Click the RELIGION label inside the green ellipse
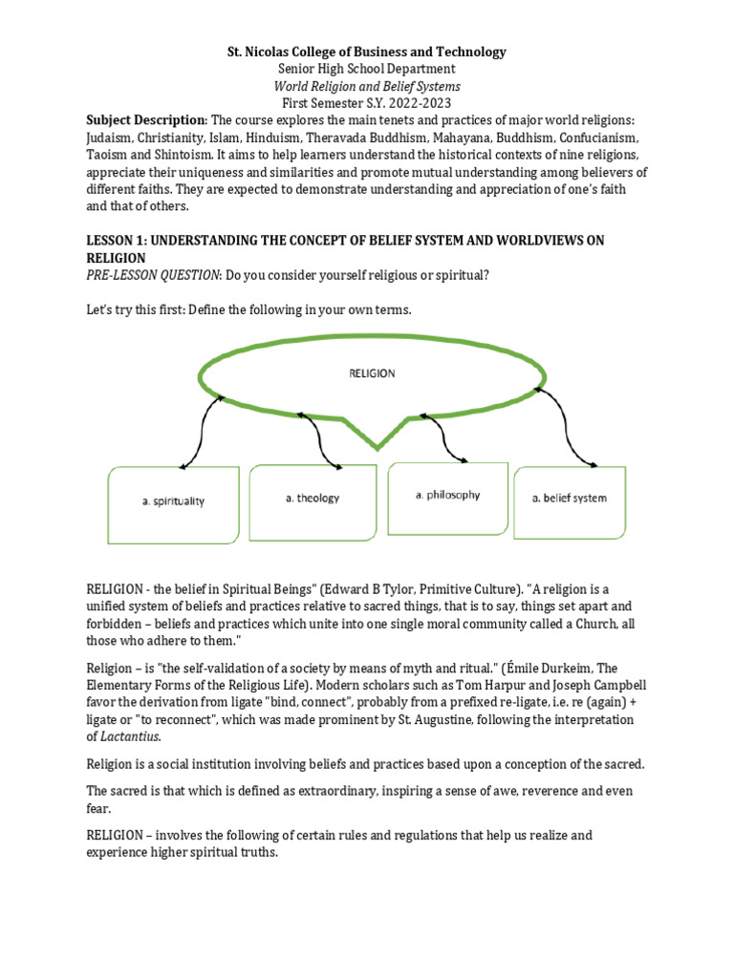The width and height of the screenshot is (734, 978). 371,373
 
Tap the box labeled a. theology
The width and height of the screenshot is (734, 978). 312,498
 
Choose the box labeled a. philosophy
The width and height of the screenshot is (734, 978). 447,495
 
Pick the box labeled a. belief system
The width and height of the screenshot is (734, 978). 570,499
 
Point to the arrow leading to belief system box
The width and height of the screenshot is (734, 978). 561,430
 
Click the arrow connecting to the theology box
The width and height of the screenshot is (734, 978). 319,438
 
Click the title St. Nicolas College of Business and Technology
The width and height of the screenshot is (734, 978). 366,52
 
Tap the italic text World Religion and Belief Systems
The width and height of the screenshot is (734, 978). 366,86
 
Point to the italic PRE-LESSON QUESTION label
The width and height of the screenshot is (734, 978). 153,276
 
